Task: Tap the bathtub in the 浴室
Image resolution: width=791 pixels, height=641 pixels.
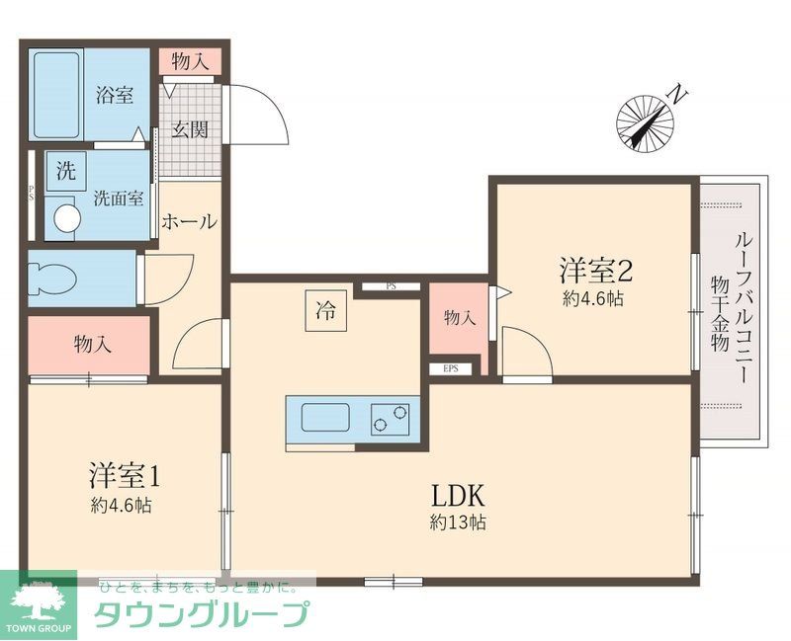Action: (57, 97)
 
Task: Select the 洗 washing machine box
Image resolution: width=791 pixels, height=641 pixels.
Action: (65, 170)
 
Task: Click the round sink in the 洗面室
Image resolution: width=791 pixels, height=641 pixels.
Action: (65, 217)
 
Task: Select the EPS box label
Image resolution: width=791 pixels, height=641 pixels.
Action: (451, 369)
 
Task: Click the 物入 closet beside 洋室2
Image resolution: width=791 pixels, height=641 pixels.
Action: (460, 318)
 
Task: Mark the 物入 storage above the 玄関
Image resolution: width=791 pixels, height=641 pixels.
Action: (190, 61)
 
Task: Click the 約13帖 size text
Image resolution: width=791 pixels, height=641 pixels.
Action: (457, 522)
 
